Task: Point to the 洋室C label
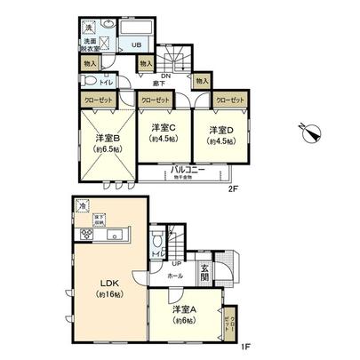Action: click(x=160, y=128)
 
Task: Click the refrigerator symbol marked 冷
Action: click(x=82, y=205)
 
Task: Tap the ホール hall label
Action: click(x=175, y=276)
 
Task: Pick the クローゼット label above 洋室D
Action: click(x=227, y=100)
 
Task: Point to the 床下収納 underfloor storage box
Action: click(x=100, y=218)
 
